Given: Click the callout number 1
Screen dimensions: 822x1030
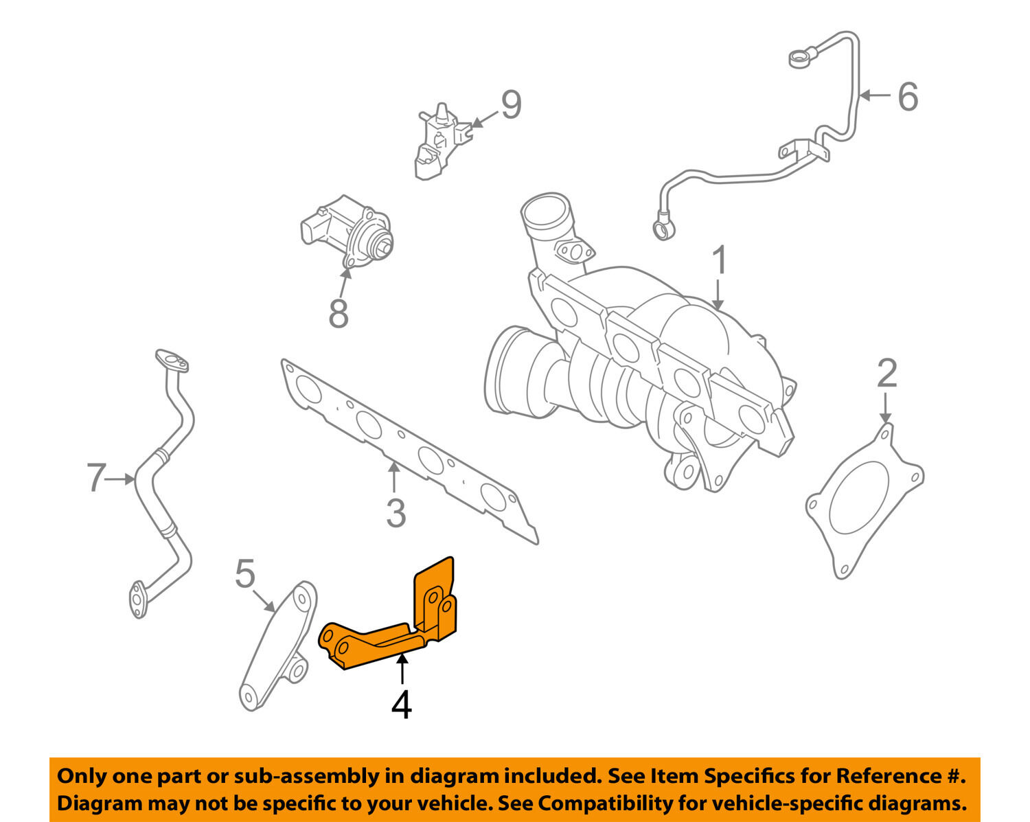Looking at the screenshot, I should pos(719,262).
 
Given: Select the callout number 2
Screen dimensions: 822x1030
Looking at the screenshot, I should pos(887,374).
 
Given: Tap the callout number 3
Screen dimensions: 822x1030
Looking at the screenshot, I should pos(396,513).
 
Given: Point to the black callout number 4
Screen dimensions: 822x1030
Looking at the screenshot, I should pos(402,705).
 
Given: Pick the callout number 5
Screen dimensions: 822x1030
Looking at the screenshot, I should pos(245,574).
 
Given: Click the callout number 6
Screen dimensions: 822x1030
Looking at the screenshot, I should pos(908,96).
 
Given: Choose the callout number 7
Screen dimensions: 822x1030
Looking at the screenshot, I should pos(97,478).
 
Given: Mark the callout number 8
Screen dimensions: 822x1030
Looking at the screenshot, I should pos(339,313).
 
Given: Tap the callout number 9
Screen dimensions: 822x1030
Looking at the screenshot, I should pos(511,104).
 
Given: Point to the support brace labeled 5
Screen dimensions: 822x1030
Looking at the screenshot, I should pos(278,646).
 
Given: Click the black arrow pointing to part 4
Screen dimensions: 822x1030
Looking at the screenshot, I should pos(402,669).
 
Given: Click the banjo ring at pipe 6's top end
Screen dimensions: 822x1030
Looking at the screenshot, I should pos(799,59).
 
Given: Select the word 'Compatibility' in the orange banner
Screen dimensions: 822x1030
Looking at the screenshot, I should pos(596,803).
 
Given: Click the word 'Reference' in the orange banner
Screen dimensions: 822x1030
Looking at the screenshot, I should pos(886,777).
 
